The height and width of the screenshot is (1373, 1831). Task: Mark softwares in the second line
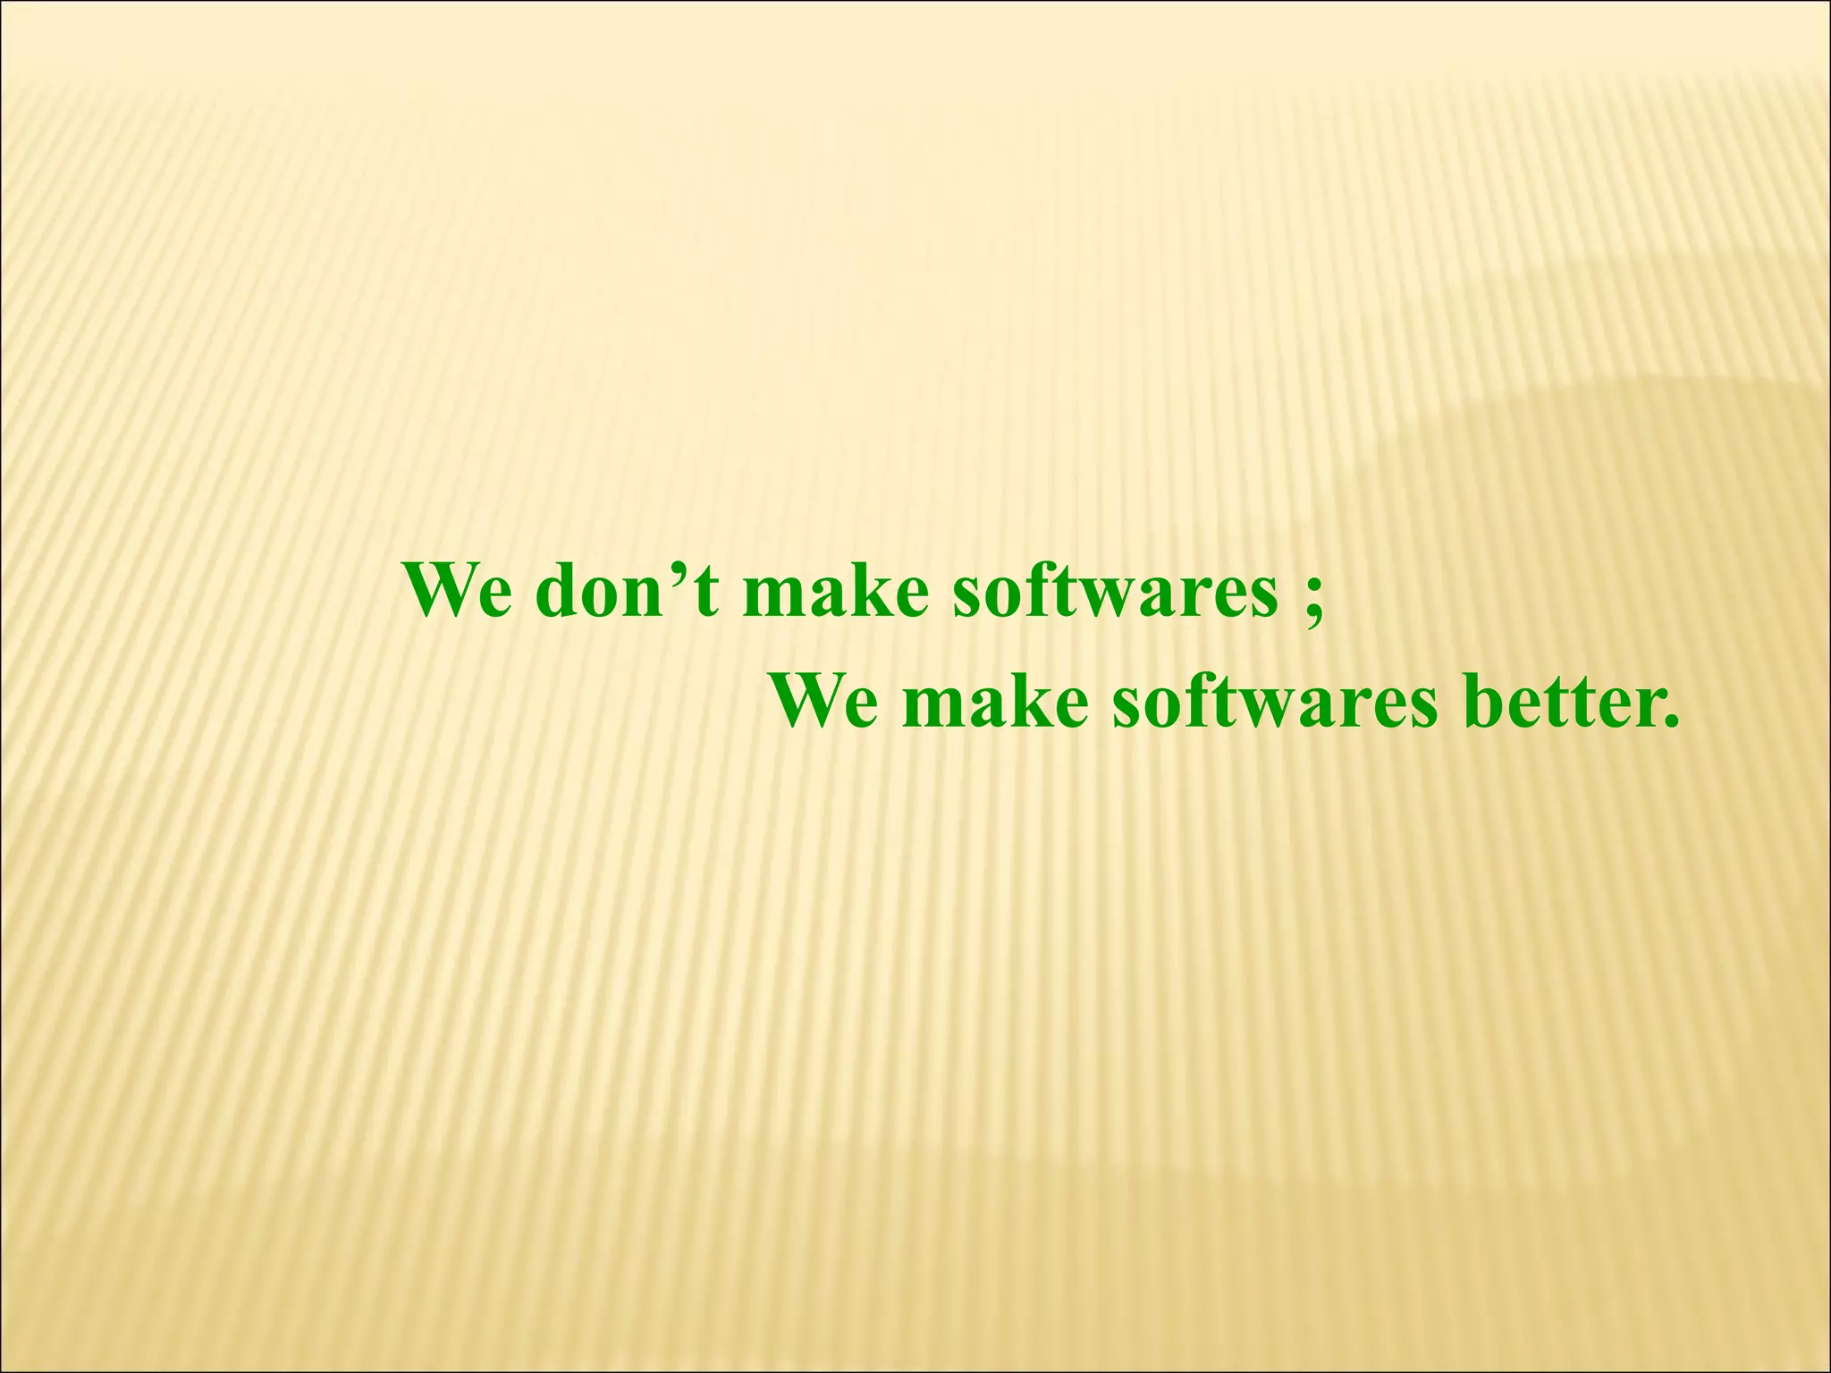pyautogui.click(x=1275, y=702)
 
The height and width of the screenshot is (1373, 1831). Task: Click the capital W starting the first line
pyautogui.click(x=438, y=591)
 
